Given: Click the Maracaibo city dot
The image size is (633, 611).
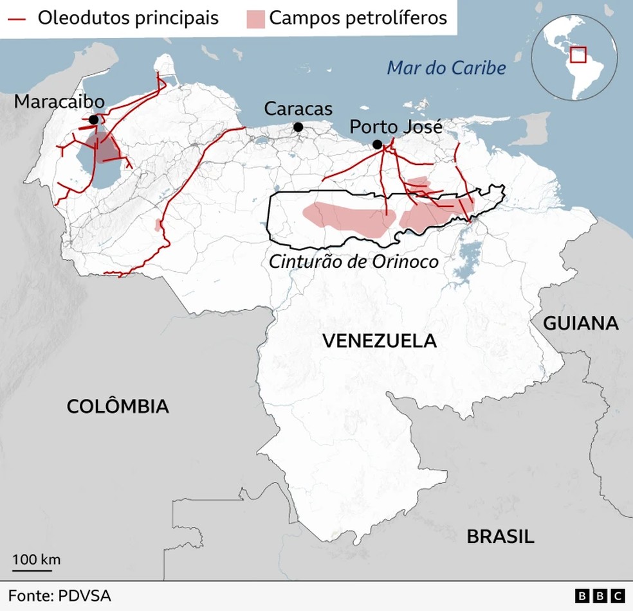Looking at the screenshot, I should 94,120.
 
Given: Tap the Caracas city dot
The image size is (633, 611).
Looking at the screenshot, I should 298,127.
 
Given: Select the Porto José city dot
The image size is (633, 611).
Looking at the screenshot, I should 377,145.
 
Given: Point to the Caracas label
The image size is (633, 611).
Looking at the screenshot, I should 298,109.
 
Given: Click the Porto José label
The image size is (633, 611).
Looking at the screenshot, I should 396,127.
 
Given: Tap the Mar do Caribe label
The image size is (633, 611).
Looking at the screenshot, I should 446,68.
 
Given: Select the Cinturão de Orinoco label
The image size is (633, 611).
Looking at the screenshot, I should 354,261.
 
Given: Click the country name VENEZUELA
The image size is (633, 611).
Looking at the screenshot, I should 379,341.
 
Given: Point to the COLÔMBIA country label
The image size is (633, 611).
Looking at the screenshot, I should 118,406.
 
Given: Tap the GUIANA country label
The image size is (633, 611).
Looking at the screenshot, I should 581,323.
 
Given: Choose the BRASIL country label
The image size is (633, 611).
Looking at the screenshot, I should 500,536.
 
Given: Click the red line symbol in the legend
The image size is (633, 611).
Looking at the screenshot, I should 17,18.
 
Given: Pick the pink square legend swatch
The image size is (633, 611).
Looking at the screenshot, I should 255,18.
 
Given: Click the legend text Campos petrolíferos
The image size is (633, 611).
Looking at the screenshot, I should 358,17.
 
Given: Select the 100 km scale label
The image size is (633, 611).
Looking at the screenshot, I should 37,559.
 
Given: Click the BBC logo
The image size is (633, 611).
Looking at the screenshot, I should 600,596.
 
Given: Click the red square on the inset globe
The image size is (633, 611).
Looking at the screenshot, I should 580,54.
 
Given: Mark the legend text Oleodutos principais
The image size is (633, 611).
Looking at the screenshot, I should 128,17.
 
